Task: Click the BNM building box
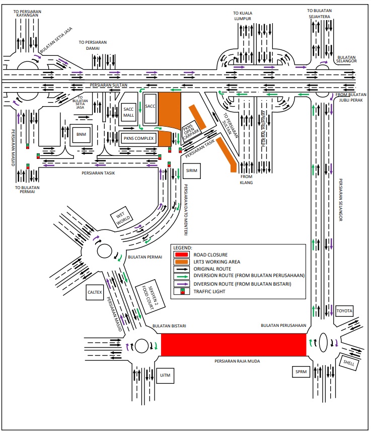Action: pos(81,135)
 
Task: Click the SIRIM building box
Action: pos(191,170)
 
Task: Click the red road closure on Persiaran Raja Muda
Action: pos(233,344)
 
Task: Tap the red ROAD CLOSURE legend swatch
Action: pos(182,255)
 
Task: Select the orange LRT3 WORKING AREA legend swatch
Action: pos(182,262)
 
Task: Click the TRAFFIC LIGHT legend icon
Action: pos(182,292)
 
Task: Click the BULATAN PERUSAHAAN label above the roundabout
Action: pos(283,325)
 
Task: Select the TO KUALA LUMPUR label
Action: pos(242,16)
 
